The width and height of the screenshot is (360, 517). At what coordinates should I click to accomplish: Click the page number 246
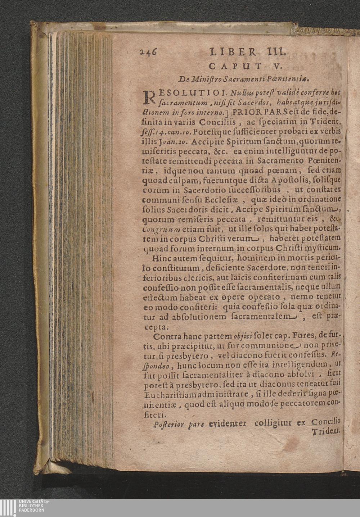148,51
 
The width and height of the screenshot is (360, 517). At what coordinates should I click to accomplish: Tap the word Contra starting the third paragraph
166,337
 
